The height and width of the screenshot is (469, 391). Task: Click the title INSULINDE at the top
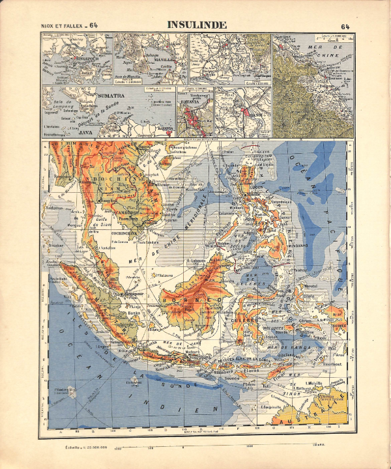pos(196,25)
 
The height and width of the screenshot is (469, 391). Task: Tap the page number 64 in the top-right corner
pos(345,26)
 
